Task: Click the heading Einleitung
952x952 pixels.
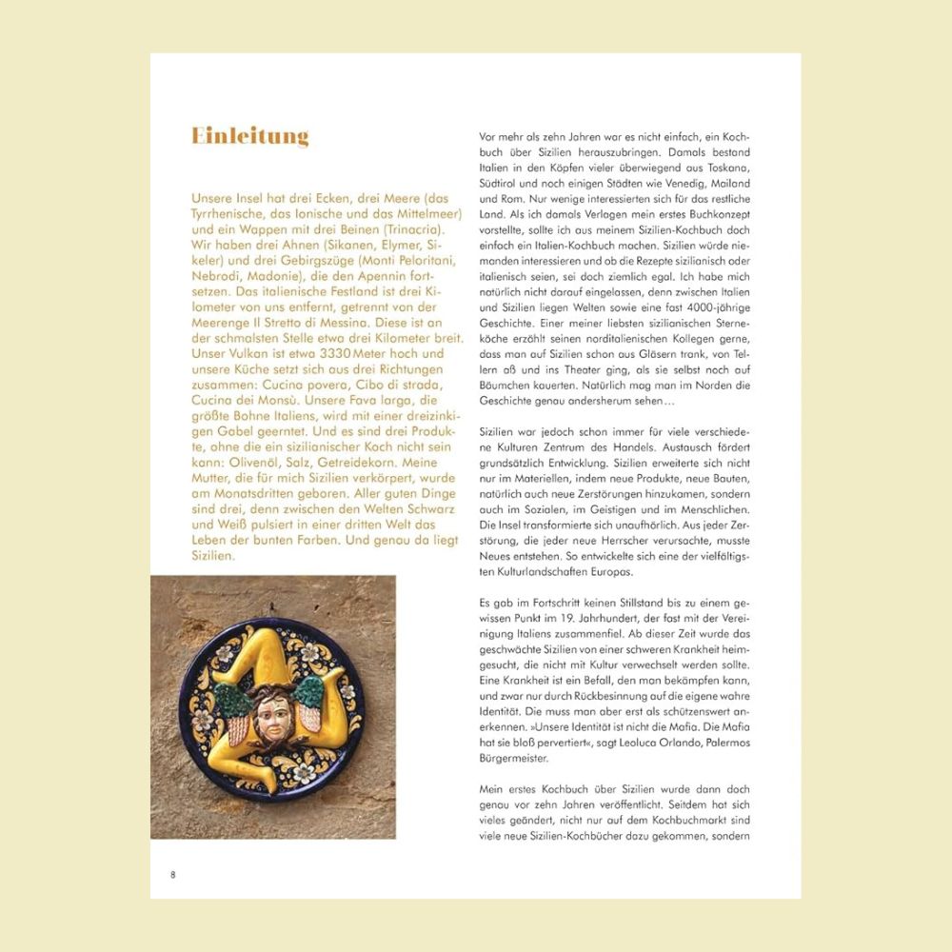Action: coord(250,136)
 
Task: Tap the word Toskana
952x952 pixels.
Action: coord(726,168)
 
